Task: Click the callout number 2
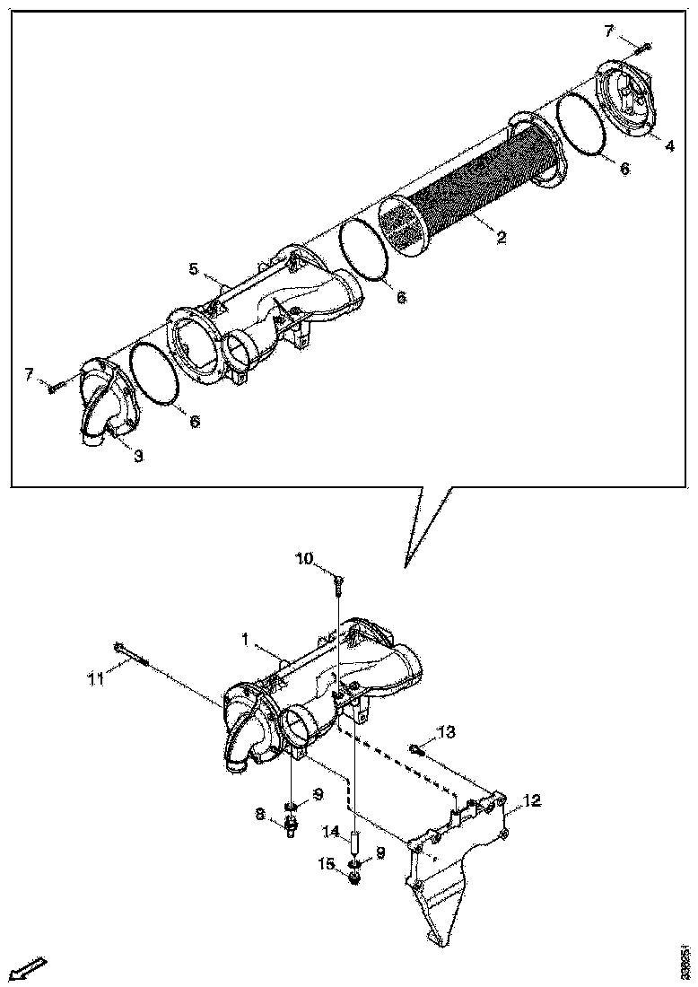(x=502, y=238)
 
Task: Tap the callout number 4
(x=669, y=146)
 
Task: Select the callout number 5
(x=193, y=268)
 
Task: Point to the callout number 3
(x=138, y=456)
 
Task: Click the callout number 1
(x=243, y=639)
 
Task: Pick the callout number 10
(x=304, y=559)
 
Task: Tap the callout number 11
(x=95, y=680)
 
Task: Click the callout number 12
(x=532, y=800)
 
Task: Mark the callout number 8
(x=260, y=814)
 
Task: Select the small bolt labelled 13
(x=415, y=748)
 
